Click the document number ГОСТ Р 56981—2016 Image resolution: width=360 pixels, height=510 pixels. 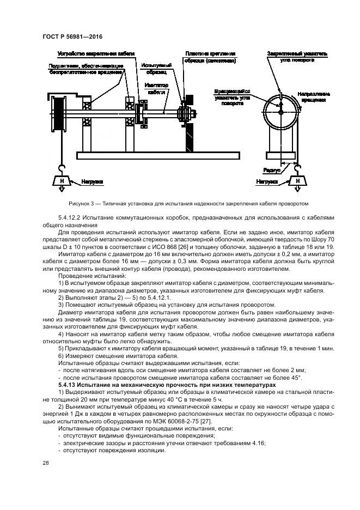pyautogui.click(x=72, y=37)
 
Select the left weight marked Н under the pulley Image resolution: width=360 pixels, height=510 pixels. pyautogui.click(x=62, y=181)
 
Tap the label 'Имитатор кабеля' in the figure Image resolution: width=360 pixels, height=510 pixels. pyautogui.click(x=157, y=89)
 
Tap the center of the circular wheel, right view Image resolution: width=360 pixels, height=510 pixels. pyautogui.click(x=280, y=113)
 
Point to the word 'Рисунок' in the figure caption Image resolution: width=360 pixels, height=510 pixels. pyautogui.click(x=82, y=204)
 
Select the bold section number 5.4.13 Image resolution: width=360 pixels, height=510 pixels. pyautogui.click(x=69, y=385)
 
